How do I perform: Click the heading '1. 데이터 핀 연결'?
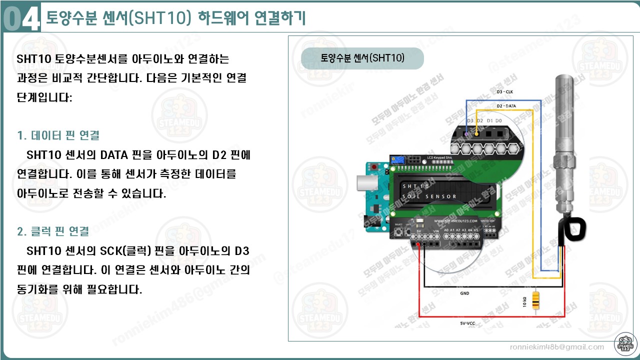(58, 135)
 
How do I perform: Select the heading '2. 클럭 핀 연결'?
(53, 231)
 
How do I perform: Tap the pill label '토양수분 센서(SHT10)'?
(362, 58)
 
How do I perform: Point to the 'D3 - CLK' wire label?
(504, 92)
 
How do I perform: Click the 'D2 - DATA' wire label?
(506, 106)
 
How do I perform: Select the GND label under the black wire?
(464, 293)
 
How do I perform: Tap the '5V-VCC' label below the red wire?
(467, 323)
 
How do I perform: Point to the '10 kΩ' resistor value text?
(524, 302)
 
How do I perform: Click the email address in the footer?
(556, 347)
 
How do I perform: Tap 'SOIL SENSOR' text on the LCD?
(429, 196)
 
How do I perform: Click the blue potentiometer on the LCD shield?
(398, 160)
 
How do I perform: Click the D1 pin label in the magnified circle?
(489, 121)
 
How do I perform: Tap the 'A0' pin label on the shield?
(446, 230)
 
